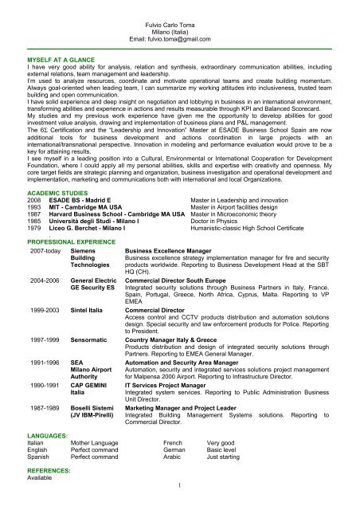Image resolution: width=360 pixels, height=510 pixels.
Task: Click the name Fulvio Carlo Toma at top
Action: (179, 26)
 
